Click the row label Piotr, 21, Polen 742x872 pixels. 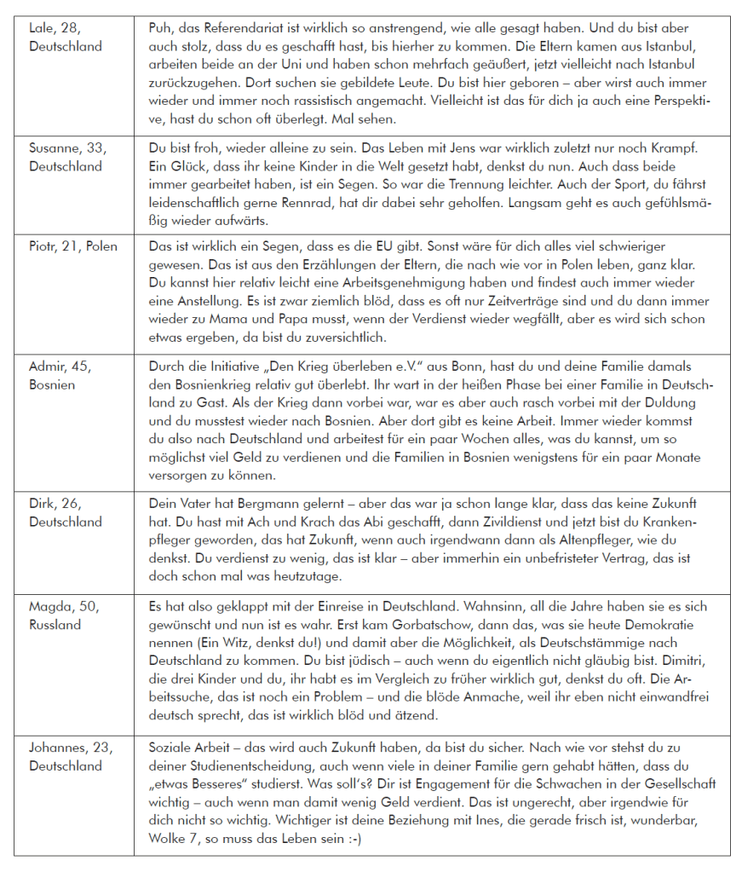pos(73,247)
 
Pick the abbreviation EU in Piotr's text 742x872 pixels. pos(369,247)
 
